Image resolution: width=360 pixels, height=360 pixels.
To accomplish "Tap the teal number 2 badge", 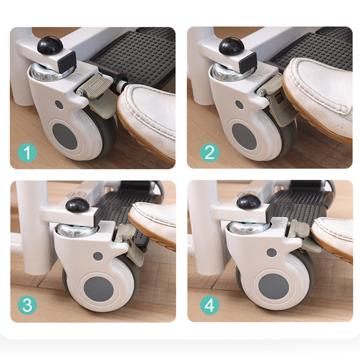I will click(x=210, y=153).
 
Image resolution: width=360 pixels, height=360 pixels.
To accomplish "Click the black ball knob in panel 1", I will click(x=50, y=45).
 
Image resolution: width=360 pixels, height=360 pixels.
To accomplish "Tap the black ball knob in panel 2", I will click(x=232, y=46).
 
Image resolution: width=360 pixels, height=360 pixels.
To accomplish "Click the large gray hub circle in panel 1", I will click(x=65, y=136).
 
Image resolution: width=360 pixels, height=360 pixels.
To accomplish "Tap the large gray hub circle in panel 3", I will click(x=98, y=289).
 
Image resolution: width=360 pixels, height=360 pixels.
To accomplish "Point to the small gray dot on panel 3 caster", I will click(x=98, y=256).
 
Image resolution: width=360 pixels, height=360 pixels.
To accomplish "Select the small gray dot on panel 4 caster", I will click(x=271, y=253).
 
